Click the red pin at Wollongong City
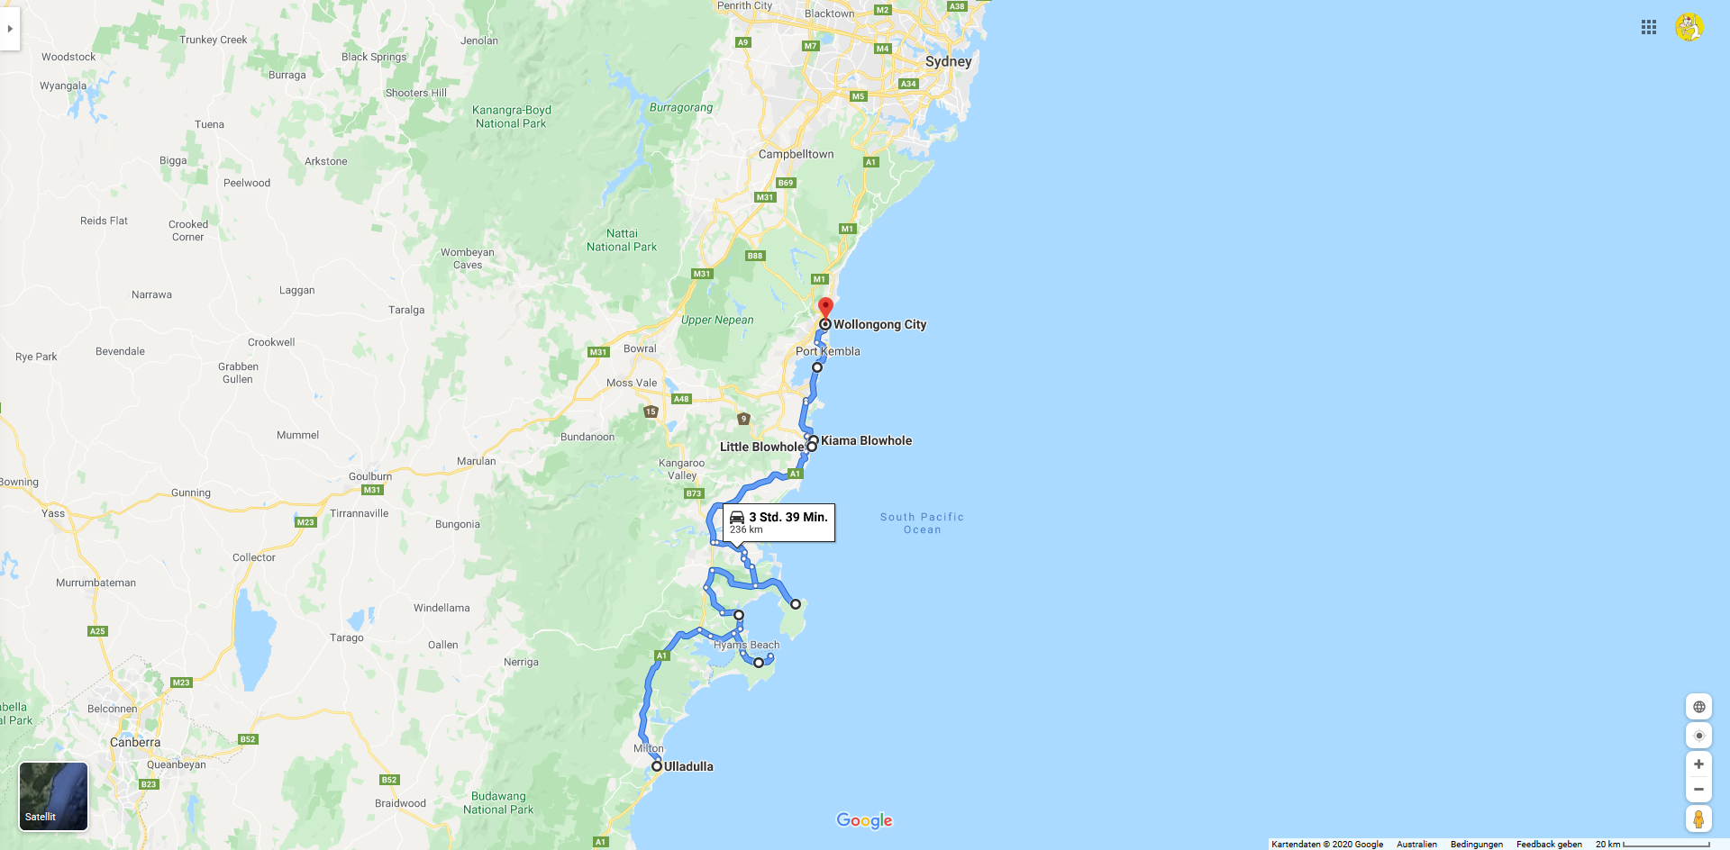(825, 308)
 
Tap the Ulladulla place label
(688, 766)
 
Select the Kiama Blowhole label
(866, 440)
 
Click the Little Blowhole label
(761, 447)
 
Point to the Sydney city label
(948, 61)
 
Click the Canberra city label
(135, 742)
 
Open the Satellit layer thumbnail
(54, 796)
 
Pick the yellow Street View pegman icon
(1698, 819)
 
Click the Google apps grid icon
(1649, 27)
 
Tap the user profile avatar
(1689, 27)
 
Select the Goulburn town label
(370, 476)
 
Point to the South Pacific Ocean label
(922, 523)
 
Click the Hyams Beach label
(746, 645)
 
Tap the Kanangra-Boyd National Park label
(512, 117)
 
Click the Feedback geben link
(1549, 844)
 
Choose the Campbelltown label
(796, 154)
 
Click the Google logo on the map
(864, 820)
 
